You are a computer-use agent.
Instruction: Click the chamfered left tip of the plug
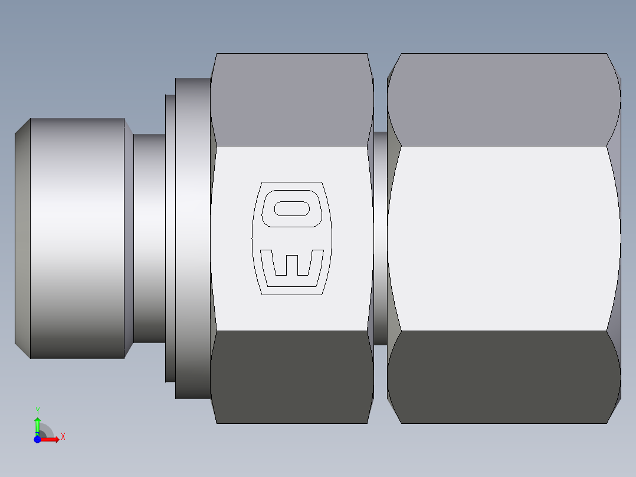pos(22,238)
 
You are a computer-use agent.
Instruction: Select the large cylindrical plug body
pos(77,238)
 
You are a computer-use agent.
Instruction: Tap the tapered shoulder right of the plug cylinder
pos(129,238)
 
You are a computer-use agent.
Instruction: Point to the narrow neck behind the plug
pos(149,238)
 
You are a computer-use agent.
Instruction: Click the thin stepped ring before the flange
pos(170,238)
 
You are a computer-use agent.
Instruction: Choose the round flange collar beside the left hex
pos(192,238)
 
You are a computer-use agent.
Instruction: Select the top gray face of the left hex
pos(292,99)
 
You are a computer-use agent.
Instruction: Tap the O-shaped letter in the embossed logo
pos(291,208)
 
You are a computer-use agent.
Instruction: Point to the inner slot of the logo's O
pos(292,208)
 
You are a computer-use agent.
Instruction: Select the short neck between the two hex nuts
pos(381,238)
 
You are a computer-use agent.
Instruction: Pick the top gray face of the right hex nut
pos(504,99)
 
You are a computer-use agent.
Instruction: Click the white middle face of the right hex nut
pos(504,238)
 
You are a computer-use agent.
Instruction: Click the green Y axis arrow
pos(37,424)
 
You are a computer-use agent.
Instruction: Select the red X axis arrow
pos(51,439)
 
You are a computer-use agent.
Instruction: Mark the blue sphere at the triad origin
pos(37,439)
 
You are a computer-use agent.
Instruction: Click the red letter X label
pos(63,437)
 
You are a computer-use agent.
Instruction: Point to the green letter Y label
pos(37,410)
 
